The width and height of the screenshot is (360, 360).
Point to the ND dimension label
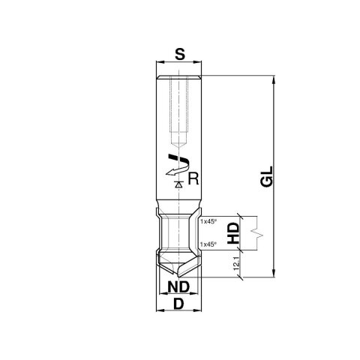pos(178,287)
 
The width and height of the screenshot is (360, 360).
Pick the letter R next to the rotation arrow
pos(193,178)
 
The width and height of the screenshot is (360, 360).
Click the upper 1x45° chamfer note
pos(208,222)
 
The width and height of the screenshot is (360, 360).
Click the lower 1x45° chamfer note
pos(208,244)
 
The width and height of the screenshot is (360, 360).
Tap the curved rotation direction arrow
pos(175,164)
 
